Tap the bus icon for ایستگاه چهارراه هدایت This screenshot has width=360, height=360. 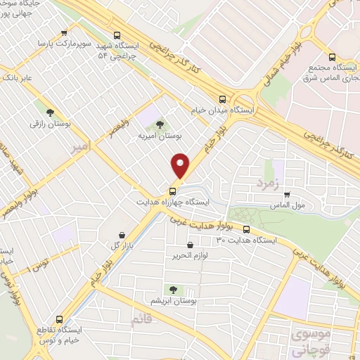point(172,191)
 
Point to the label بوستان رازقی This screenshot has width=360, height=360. point(50,124)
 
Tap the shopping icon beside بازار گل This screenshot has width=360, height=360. point(123,234)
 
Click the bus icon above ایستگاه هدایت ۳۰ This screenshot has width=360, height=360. point(246,229)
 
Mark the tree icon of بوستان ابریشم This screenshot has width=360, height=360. point(173,290)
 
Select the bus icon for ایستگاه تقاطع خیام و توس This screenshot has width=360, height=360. point(60,318)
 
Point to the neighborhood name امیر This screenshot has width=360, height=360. point(82,146)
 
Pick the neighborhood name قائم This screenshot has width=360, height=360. point(140,321)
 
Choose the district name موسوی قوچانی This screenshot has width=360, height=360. point(308,340)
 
